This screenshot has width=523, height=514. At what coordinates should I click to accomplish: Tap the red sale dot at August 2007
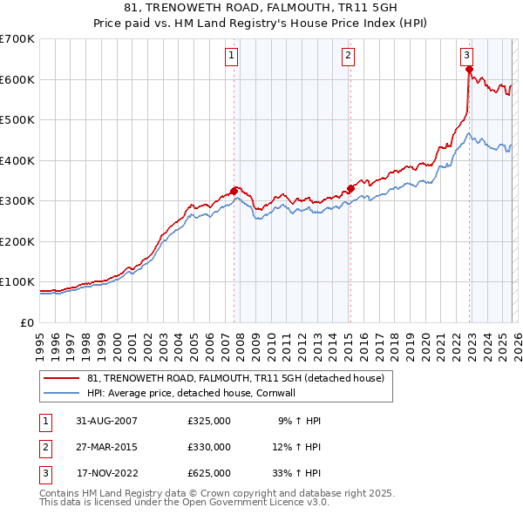click(234, 191)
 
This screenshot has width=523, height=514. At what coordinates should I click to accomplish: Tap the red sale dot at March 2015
click(350, 188)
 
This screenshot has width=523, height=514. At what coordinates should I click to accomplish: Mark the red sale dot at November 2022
click(469, 70)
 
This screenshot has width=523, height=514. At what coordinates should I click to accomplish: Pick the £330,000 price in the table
click(209, 447)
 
